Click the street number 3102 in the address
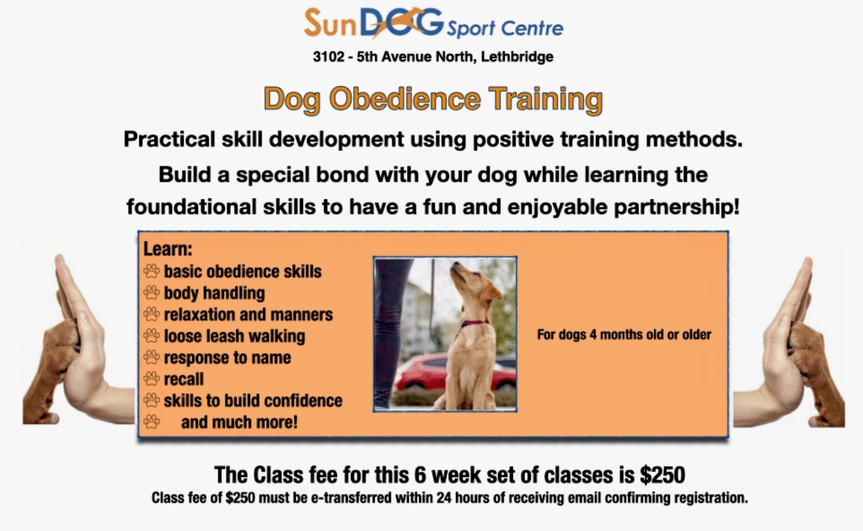point(329,56)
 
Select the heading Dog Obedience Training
point(433,99)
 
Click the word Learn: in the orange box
point(168,249)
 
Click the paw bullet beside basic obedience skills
point(152,271)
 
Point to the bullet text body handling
point(215,292)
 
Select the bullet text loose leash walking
point(234,335)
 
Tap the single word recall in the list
point(184,379)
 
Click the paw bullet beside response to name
point(152,357)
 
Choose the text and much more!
point(239,422)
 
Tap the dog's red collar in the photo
point(474,324)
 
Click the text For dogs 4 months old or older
point(624,335)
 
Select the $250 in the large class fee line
point(662,475)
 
